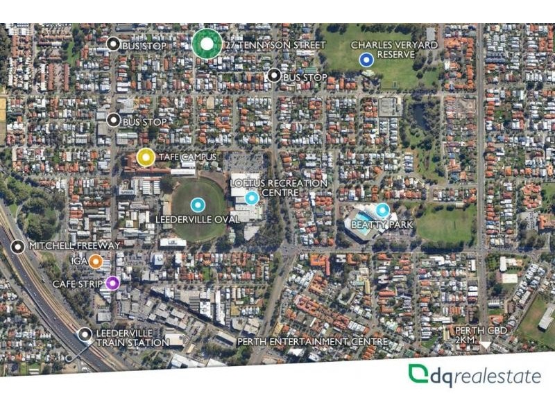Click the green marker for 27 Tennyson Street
(x=207, y=44)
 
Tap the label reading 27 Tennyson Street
(x=275, y=45)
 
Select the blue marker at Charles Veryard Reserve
(x=367, y=60)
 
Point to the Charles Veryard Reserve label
(x=394, y=50)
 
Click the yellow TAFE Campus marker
(x=146, y=157)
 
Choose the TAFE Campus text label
(x=187, y=157)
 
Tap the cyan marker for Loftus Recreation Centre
(x=252, y=198)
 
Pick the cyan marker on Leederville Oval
(x=198, y=205)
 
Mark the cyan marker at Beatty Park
(x=382, y=209)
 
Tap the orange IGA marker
(x=96, y=261)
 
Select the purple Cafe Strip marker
(x=112, y=283)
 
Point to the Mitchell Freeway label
(x=75, y=245)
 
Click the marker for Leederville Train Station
(x=85, y=335)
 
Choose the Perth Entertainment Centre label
(x=311, y=342)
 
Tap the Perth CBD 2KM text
(x=481, y=334)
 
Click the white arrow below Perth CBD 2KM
(x=485, y=345)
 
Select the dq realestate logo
(x=475, y=376)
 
